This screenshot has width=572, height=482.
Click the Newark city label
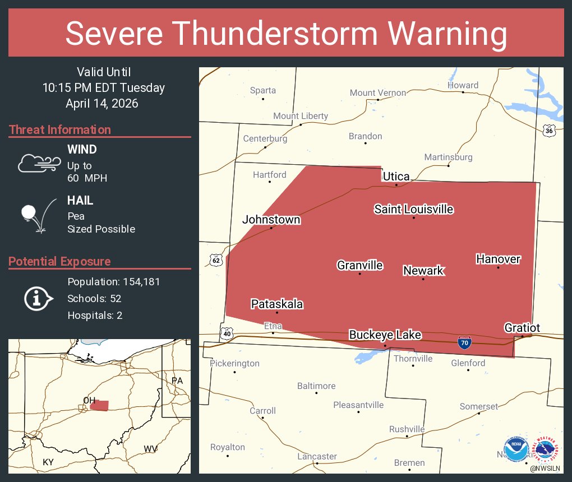click(x=423, y=271)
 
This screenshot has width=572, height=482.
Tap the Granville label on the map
click(x=360, y=265)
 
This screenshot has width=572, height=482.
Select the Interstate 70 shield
click(x=464, y=342)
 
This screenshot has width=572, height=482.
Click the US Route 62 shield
click(x=216, y=260)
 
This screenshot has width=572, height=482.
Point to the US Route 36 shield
click(x=549, y=130)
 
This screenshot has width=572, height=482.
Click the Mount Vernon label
click(x=378, y=92)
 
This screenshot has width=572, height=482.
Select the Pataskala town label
click(x=277, y=304)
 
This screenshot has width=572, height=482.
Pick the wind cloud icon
click(x=39, y=163)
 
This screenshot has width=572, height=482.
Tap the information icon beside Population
click(x=38, y=298)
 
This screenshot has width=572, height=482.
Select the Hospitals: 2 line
click(x=95, y=315)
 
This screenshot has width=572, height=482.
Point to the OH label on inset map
click(x=89, y=400)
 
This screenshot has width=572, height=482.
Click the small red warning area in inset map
click(x=100, y=405)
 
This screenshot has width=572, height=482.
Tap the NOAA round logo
click(x=516, y=448)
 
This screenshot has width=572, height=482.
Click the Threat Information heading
click(x=60, y=129)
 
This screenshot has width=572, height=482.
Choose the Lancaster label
click(x=317, y=456)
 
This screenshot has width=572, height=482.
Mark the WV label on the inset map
click(x=150, y=448)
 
